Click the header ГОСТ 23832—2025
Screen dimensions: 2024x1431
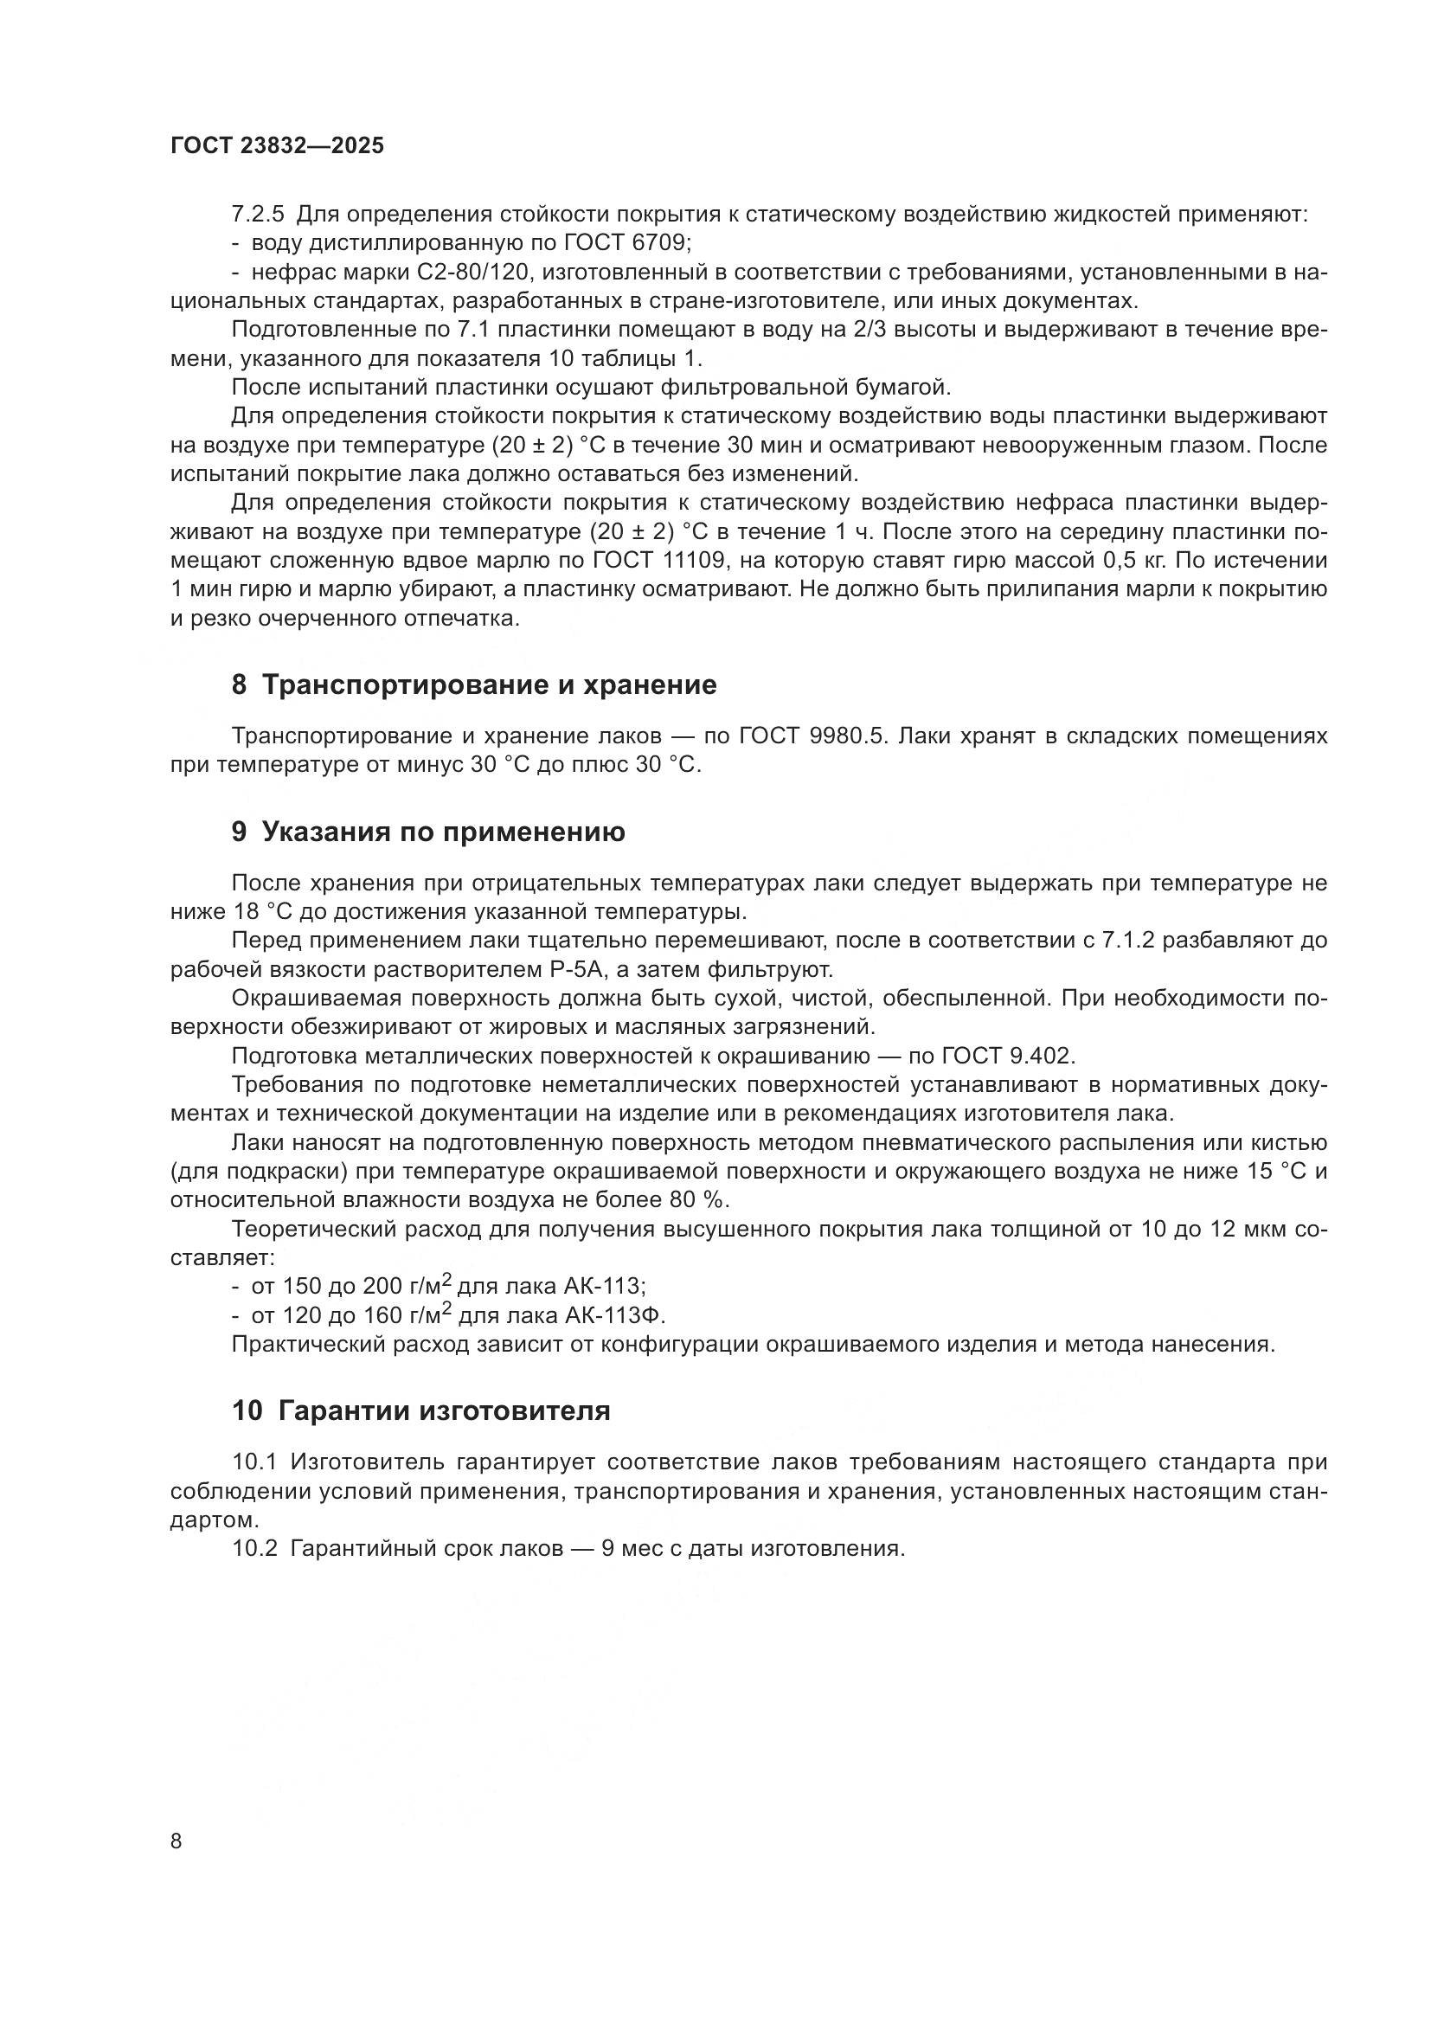(x=278, y=146)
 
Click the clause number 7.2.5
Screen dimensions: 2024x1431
(x=259, y=215)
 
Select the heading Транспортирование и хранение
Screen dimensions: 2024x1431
(x=489, y=685)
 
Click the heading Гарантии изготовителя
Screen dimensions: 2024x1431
(x=444, y=1410)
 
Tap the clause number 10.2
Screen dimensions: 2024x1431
(x=254, y=1549)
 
